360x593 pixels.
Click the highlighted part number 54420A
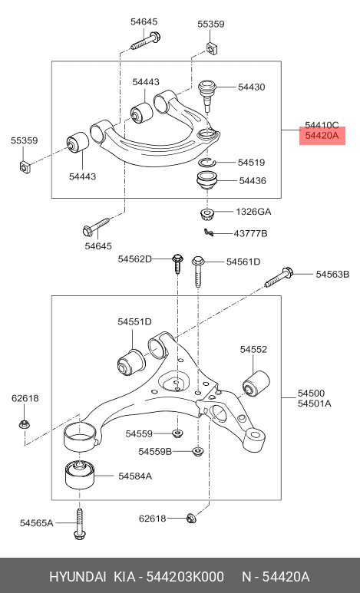pos(322,135)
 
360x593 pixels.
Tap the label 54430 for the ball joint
pos(251,87)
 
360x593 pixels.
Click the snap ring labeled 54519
pos(207,162)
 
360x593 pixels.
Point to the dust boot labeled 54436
pos(206,182)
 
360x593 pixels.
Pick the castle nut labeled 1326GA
pos(206,214)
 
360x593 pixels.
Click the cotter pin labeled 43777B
pos(209,232)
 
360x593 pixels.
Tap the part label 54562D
pos(134,259)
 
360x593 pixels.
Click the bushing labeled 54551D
pos(131,362)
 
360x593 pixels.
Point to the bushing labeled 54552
pos(256,383)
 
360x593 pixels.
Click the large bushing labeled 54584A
pos(80,474)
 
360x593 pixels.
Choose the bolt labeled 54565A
pos(80,524)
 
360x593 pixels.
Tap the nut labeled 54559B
pos(197,451)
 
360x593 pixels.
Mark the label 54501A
pos(314,404)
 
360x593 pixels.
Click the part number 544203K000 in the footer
pos(185,577)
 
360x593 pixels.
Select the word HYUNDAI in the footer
pos(78,577)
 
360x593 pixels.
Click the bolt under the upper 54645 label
pos(146,41)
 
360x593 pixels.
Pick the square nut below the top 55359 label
pos(212,48)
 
